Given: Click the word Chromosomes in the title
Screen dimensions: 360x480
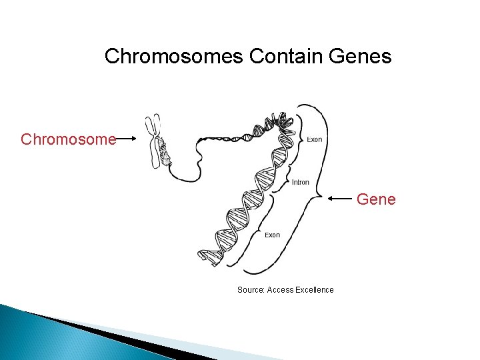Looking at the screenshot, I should point(175,56).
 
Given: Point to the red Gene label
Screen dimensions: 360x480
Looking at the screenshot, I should point(377,199).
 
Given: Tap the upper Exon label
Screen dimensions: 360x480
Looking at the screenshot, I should point(315,139).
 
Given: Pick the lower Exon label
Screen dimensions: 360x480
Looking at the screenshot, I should point(272,235).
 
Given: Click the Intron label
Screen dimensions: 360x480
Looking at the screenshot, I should point(300,182).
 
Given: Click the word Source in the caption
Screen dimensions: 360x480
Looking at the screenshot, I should point(251,289).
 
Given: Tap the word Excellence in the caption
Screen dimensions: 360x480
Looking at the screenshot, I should point(315,289).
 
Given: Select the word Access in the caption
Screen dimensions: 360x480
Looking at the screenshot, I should point(280,289).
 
